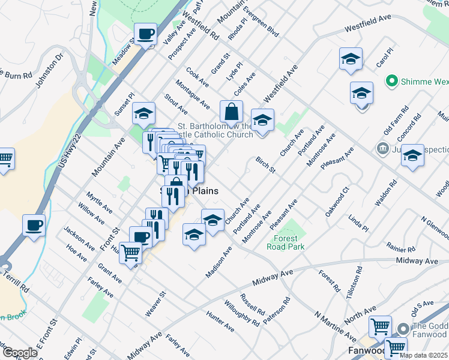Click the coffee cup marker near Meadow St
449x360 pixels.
click(x=145, y=34)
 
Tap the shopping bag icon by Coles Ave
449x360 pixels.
click(x=231, y=111)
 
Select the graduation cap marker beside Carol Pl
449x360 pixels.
click(x=351, y=59)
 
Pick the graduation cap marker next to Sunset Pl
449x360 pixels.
click(x=143, y=113)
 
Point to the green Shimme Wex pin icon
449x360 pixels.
click(x=393, y=80)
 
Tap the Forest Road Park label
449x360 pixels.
click(x=286, y=242)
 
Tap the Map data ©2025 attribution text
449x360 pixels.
click(x=423, y=355)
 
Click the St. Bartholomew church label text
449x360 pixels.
click(x=215, y=130)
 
